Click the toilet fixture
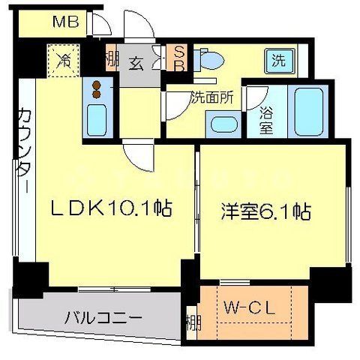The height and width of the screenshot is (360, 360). click(x=211, y=59)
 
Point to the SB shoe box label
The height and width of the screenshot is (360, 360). click(x=179, y=58)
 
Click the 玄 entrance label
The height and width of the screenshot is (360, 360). click(x=136, y=64)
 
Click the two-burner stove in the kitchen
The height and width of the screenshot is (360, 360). click(x=96, y=90)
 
